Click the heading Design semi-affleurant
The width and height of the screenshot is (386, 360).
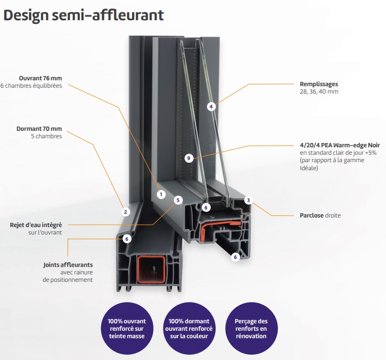coord(84,15)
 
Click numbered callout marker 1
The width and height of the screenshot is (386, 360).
coord(161,195)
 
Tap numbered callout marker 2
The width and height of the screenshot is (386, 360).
coord(126,212)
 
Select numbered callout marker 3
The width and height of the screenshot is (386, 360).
coord(249,200)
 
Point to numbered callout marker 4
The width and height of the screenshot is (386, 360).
coord(211,107)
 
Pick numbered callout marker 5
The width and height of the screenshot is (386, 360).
coord(178,200)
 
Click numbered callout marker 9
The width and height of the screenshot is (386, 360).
coord(189,158)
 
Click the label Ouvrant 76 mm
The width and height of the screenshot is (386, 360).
coord(40,78)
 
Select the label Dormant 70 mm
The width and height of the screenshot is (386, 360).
coord(39,129)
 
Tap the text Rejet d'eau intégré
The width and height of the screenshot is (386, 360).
coord(36,225)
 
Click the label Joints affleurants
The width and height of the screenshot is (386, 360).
coord(68,265)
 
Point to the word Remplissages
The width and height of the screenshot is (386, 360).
coord(319,84)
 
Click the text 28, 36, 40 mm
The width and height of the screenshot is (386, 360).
coord(319,91)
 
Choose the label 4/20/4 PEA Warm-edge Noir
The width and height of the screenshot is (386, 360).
coord(340,145)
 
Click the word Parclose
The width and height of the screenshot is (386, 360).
coord(311,215)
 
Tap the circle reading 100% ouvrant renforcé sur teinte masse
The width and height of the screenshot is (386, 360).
coord(127,329)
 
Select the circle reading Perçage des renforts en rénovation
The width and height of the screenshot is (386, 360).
coord(251,329)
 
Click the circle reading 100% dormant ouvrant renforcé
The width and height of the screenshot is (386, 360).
coord(189,329)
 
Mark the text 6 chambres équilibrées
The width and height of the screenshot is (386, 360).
coord(31,86)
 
